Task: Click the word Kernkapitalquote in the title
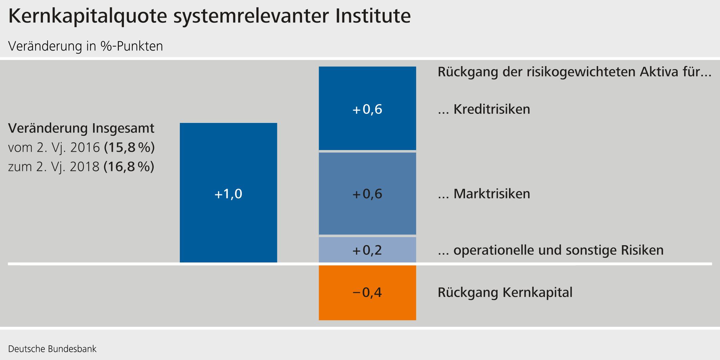(x=87, y=16)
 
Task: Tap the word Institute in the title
(x=373, y=16)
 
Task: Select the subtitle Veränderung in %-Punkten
(x=85, y=46)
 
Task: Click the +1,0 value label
(x=228, y=194)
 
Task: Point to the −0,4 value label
(x=367, y=292)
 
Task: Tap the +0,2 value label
(x=367, y=250)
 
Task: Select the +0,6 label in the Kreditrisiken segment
(x=367, y=109)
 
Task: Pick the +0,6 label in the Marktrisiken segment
(x=367, y=194)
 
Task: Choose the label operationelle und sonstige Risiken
(x=558, y=250)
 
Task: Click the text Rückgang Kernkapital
(x=505, y=292)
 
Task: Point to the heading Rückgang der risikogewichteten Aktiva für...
(x=574, y=72)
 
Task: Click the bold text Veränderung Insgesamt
(x=81, y=128)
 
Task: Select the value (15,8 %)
(x=129, y=148)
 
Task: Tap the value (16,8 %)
(x=129, y=167)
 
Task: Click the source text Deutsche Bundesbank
(x=52, y=349)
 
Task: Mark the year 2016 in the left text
(x=85, y=148)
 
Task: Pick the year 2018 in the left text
(x=85, y=167)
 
